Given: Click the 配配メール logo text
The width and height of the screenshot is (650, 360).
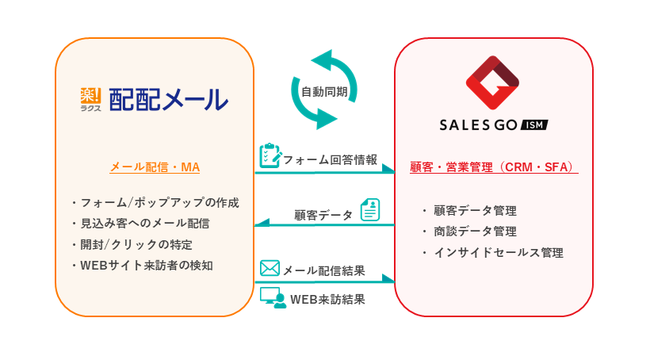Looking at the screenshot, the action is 168,100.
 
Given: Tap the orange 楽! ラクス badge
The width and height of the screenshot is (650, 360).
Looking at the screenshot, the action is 91,100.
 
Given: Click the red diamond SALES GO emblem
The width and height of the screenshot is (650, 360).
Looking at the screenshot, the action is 492,82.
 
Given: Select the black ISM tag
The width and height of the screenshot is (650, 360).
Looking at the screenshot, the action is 533,124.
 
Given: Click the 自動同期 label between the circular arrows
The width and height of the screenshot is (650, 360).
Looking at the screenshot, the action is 324,91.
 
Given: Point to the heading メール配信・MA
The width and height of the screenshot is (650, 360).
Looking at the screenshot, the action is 155,167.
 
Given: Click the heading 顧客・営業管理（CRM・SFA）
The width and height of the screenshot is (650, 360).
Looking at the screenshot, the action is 494,167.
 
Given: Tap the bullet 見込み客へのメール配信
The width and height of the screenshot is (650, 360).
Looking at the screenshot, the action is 151,223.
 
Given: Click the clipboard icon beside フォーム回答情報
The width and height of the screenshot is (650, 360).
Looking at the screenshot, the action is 270,155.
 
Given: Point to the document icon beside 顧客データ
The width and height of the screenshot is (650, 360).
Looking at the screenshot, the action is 370,210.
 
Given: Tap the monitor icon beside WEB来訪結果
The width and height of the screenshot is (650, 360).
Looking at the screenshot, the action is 273,297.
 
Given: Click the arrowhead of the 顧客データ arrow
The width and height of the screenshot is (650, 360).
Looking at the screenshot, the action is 261,225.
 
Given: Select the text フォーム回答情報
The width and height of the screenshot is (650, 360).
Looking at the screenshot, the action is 330,159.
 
